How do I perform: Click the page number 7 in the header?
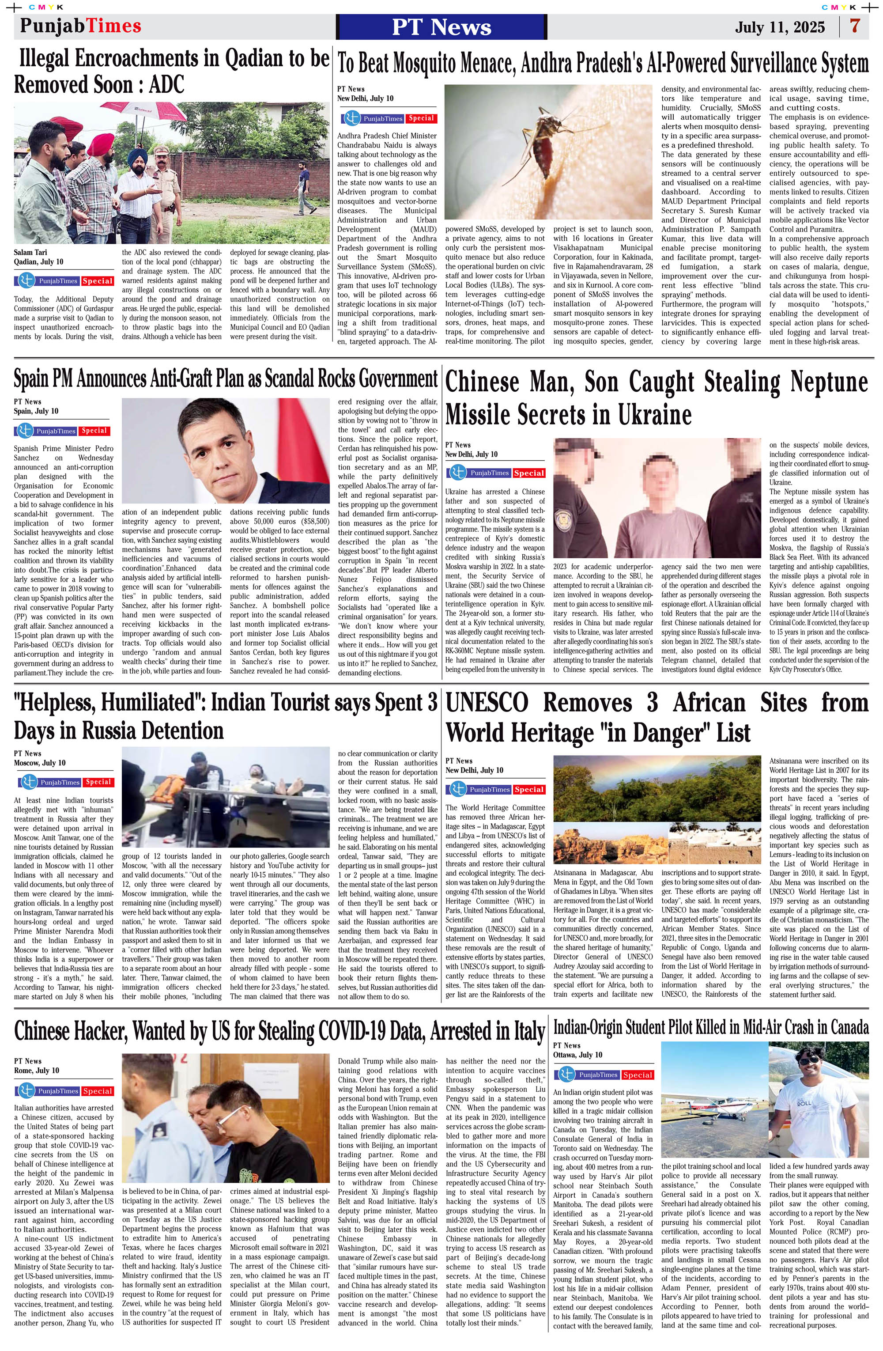point(855,26)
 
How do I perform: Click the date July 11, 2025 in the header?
point(780,27)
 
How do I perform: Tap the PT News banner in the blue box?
point(441,26)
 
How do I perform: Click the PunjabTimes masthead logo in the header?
point(81,26)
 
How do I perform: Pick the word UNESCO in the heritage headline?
point(487,703)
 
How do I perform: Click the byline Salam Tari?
point(30,252)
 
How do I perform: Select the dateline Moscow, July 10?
point(40,763)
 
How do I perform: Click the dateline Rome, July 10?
point(36,1071)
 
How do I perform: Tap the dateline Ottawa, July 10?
point(577,1055)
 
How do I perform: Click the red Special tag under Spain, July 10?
point(94,431)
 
